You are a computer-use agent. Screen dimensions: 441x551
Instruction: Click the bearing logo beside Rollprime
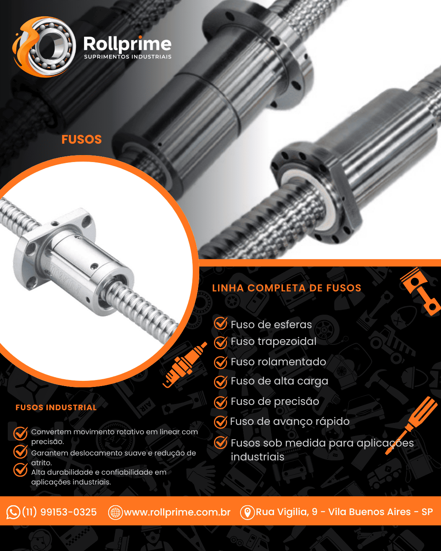(x=45, y=47)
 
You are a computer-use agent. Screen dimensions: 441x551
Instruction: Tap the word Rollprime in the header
(x=127, y=44)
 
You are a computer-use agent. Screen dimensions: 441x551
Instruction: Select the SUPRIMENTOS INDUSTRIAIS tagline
(x=128, y=57)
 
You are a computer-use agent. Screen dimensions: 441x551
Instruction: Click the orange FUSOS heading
(x=82, y=140)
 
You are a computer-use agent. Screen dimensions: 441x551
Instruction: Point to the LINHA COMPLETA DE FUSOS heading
(x=287, y=288)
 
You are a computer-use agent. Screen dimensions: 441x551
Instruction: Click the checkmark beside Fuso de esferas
(x=220, y=323)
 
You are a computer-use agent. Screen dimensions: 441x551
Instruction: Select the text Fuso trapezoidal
(x=274, y=342)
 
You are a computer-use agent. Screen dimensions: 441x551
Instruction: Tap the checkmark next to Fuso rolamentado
(x=220, y=362)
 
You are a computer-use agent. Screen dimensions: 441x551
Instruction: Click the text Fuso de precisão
(x=275, y=402)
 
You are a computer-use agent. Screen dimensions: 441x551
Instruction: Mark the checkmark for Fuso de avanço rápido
(x=220, y=422)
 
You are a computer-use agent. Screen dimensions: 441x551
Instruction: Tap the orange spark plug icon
(x=185, y=364)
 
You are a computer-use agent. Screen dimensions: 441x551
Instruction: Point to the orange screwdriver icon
(x=412, y=426)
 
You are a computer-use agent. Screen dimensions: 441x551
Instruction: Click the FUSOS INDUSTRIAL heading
(x=56, y=408)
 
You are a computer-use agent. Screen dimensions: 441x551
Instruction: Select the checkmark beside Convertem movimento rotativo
(x=20, y=433)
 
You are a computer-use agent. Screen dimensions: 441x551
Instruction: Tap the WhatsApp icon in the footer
(x=13, y=512)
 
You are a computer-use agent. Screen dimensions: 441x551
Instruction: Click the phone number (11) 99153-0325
(x=60, y=512)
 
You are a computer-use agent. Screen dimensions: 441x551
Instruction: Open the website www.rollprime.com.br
(x=177, y=512)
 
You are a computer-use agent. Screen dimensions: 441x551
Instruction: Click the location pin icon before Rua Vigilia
(x=247, y=513)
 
